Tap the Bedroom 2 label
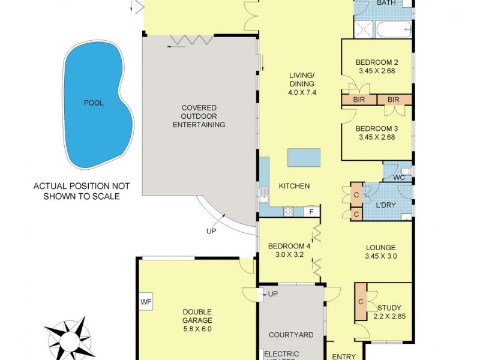[x=377, y=62]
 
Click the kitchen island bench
[x=305, y=157]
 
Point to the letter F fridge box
[x=311, y=211]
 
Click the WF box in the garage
[x=146, y=302]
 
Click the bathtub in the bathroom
[x=393, y=29]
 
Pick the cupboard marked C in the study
[x=361, y=301]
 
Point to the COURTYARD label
[x=291, y=335]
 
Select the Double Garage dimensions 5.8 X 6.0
[x=198, y=328]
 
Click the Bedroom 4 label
[x=289, y=246]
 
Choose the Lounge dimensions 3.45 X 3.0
[x=380, y=256]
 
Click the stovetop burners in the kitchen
[x=288, y=211]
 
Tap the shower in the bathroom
[x=363, y=29]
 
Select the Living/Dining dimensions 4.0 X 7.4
[x=302, y=92]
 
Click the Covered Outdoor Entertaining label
[x=199, y=116]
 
